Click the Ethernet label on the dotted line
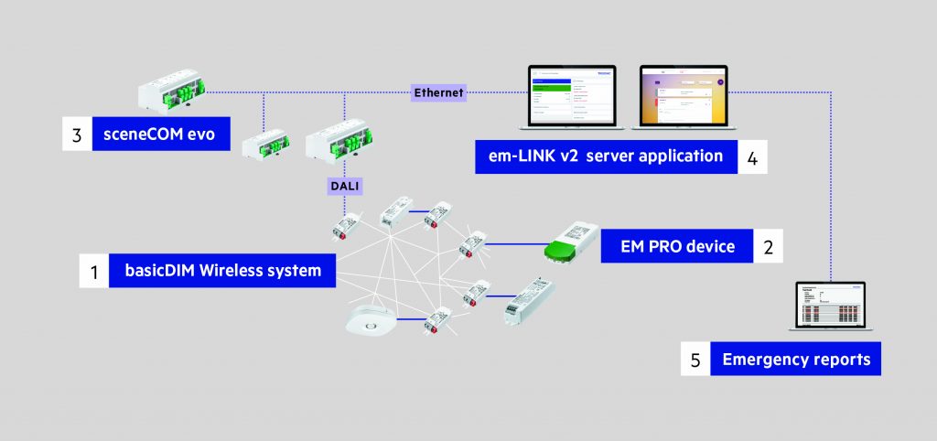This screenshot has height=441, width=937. coord(439,92)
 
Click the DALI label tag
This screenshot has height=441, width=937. coord(345,186)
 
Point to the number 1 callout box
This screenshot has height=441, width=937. coord(93,271)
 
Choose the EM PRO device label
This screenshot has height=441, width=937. coord(676,246)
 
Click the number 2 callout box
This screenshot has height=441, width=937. coord(769,246)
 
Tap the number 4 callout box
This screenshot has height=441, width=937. coord(751,156)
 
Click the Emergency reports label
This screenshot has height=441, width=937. coord(795,359)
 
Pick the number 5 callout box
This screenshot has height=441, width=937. coord(695,359)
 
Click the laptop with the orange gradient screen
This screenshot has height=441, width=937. coord(683,96)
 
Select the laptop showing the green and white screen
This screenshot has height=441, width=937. coord(567,96)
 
